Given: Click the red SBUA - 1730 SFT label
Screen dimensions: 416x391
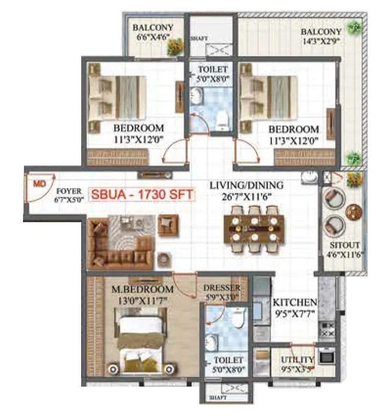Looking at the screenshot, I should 142,194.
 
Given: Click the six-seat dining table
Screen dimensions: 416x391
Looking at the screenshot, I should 254,228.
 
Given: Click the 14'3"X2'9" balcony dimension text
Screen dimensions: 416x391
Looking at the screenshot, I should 321,41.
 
